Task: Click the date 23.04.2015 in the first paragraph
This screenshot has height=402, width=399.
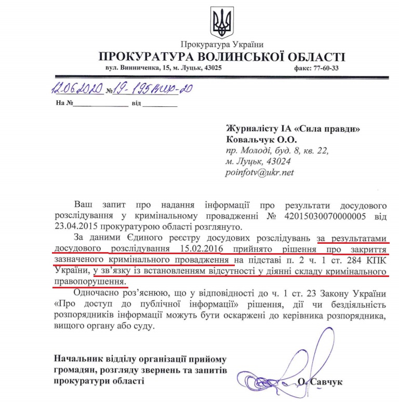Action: click(73, 227)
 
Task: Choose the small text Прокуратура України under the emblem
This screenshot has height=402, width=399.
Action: click(222, 44)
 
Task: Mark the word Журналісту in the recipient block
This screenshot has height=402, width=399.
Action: click(251, 129)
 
